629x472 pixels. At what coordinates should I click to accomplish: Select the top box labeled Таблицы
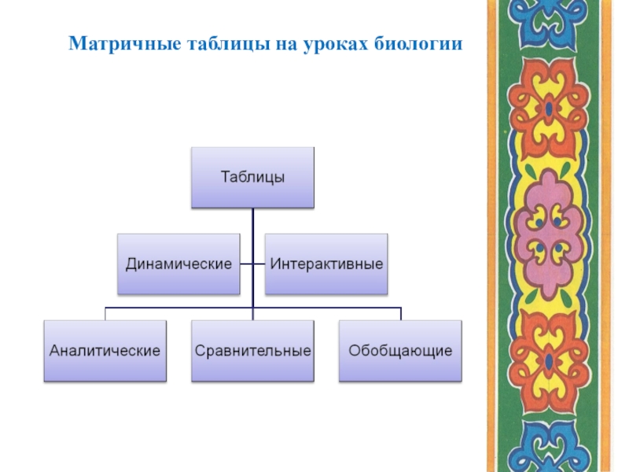click(252, 177)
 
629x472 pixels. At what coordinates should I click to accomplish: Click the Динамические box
click(178, 264)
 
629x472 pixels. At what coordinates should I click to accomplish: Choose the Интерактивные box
click(326, 264)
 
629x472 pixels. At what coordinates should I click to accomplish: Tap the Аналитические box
click(105, 351)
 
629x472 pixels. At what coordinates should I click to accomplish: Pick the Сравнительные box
click(252, 351)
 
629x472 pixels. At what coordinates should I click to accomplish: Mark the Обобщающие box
click(400, 351)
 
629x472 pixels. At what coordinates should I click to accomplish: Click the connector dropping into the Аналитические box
click(105, 313)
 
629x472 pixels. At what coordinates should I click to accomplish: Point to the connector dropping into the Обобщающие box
click(400, 313)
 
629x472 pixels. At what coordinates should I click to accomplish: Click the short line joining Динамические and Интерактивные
click(252, 264)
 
